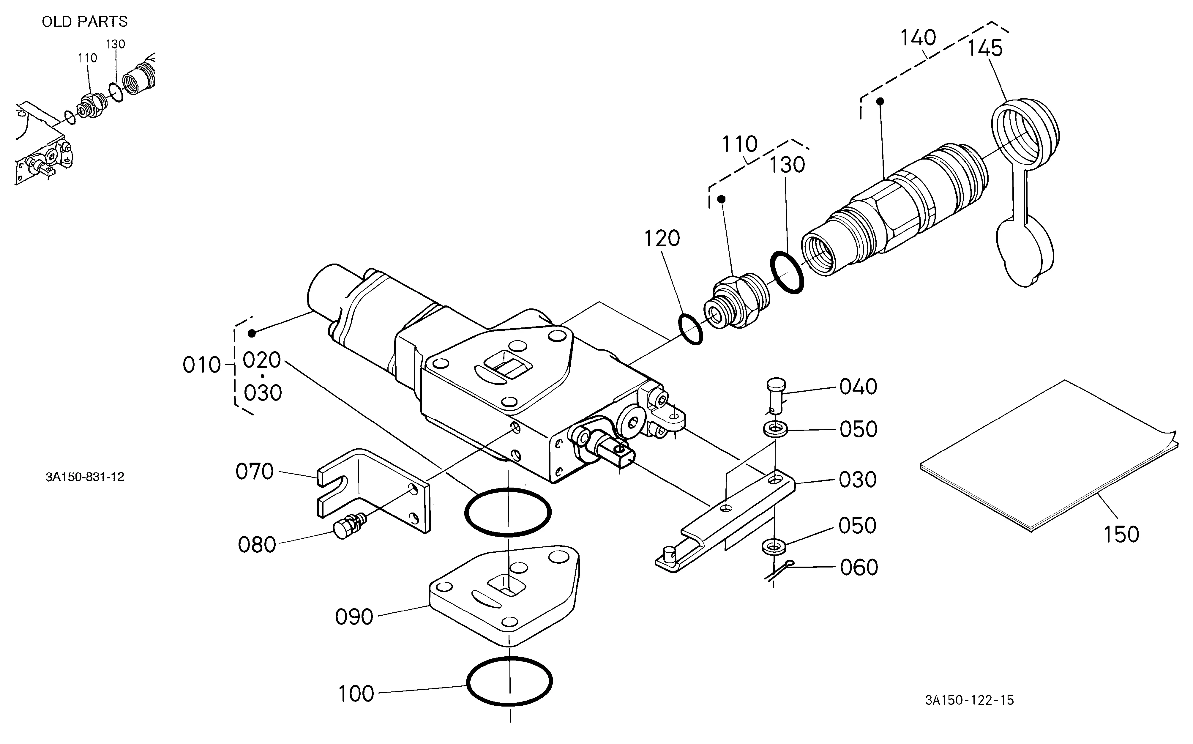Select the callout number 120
(x=662, y=239)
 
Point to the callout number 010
(x=202, y=365)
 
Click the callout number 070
(x=254, y=472)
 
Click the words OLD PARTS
(x=85, y=22)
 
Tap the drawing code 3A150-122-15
(x=970, y=700)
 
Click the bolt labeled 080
(x=349, y=526)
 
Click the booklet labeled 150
(x=1048, y=455)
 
